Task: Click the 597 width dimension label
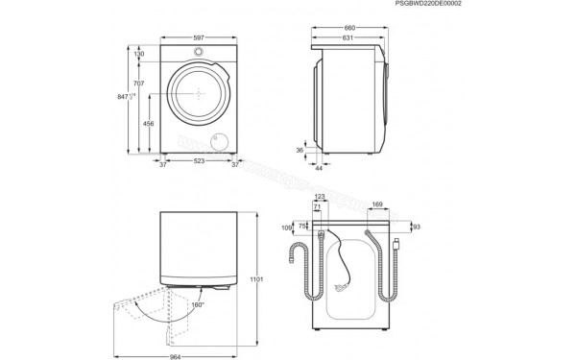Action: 199,38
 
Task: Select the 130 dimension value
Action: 138,55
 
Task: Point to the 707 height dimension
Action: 139,84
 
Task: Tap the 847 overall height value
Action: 122,97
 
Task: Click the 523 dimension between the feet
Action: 199,162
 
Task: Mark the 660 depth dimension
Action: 348,28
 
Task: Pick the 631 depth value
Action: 345,39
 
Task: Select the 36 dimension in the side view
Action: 300,150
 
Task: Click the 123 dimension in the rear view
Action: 320,198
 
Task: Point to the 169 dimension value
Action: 377,204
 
